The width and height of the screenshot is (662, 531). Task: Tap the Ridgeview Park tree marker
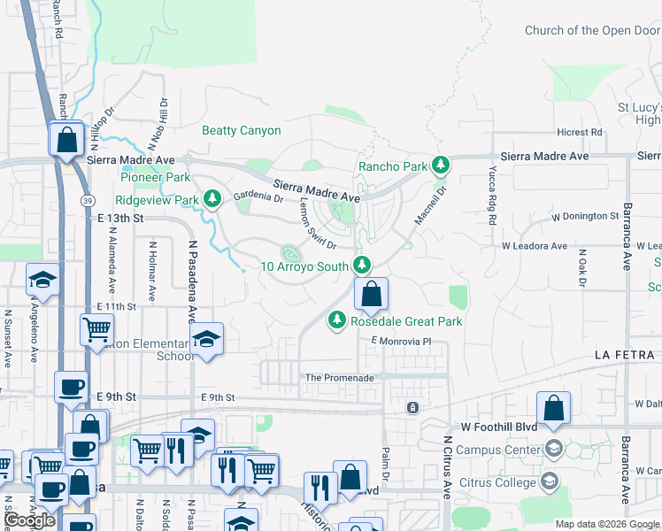click(212, 200)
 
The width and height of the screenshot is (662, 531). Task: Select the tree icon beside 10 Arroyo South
click(361, 265)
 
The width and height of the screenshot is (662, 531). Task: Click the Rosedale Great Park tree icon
click(336, 321)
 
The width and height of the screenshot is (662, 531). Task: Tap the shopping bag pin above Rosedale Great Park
click(373, 294)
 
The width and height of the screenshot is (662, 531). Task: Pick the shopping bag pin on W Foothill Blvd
click(553, 409)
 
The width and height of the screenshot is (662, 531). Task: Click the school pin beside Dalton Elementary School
click(207, 340)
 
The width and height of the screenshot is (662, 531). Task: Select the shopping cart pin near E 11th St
click(97, 331)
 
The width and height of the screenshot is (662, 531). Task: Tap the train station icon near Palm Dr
click(412, 408)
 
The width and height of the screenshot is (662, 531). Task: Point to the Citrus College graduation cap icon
click(549, 481)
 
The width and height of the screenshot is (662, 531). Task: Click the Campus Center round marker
click(554, 449)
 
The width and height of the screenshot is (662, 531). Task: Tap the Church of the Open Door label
click(592, 30)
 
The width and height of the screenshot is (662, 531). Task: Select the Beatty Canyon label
click(242, 131)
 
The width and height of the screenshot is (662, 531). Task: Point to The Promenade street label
click(339, 378)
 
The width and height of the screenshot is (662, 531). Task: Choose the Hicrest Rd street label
click(580, 133)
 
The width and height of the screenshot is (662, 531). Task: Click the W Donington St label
click(584, 216)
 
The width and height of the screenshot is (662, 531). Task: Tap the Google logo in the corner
click(30, 519)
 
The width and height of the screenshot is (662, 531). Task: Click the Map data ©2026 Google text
click(606, 524)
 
